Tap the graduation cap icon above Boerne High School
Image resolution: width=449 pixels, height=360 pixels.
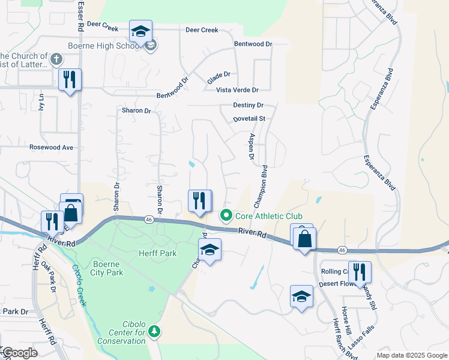click(x=140, y=31)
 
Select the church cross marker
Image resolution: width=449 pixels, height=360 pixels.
click(x=56, y=59)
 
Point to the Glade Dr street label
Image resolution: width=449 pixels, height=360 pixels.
click(x=218, y=77)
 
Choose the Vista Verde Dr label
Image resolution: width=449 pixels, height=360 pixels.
click(x=237, y=90)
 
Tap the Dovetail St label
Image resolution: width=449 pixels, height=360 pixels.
click(x=249, y=119)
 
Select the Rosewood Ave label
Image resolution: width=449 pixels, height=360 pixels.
click(x=51, y=147)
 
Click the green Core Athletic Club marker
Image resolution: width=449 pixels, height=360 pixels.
click(x=226, y=215)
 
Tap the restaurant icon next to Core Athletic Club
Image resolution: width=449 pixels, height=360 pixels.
click(x=200, y=201)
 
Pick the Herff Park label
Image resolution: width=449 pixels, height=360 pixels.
click(x=158, y=253)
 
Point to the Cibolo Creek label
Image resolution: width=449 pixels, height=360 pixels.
click(x=79, y=284)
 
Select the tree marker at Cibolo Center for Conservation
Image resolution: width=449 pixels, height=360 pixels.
click(x=154, y=331)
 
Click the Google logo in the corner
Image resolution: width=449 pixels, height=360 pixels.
click(x=19, y=353)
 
